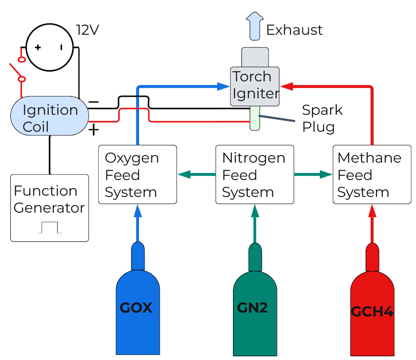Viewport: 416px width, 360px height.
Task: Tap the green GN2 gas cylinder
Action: (255, 313)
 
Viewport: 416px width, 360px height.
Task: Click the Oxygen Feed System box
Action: (137, 174)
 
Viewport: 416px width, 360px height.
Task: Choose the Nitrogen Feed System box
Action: (255, 174)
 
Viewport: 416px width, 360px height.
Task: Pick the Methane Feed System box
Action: (372, 174)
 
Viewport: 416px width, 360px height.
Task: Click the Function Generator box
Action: (50, 208)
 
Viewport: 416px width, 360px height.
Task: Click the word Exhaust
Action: (294, 30)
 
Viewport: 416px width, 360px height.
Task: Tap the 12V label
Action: (87, 30)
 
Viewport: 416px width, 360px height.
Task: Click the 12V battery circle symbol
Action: (50, 47)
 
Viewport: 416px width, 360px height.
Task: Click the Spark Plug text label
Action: (322, 118)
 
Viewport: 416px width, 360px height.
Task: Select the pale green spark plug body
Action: (254, 118)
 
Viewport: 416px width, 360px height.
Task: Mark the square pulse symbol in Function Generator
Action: (50, 227)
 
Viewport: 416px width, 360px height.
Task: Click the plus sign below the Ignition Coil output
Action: (93, 130)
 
